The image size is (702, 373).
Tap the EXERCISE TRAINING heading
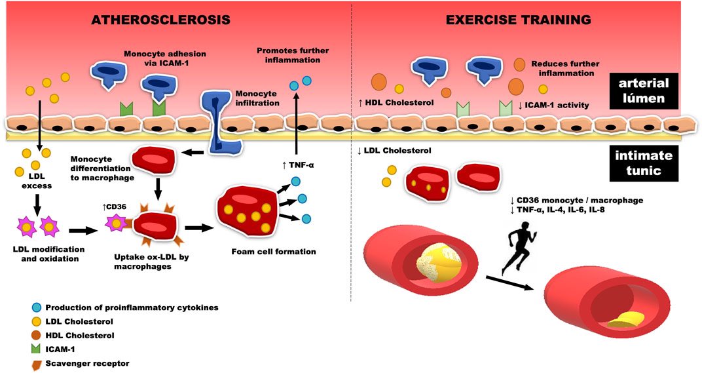pyautogui.click(x=518, y=20)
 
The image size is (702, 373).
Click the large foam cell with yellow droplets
pyautogui.click(x=246, y=208)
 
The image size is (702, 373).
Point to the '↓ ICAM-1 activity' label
pyautogui.click(x=553, y=105)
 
